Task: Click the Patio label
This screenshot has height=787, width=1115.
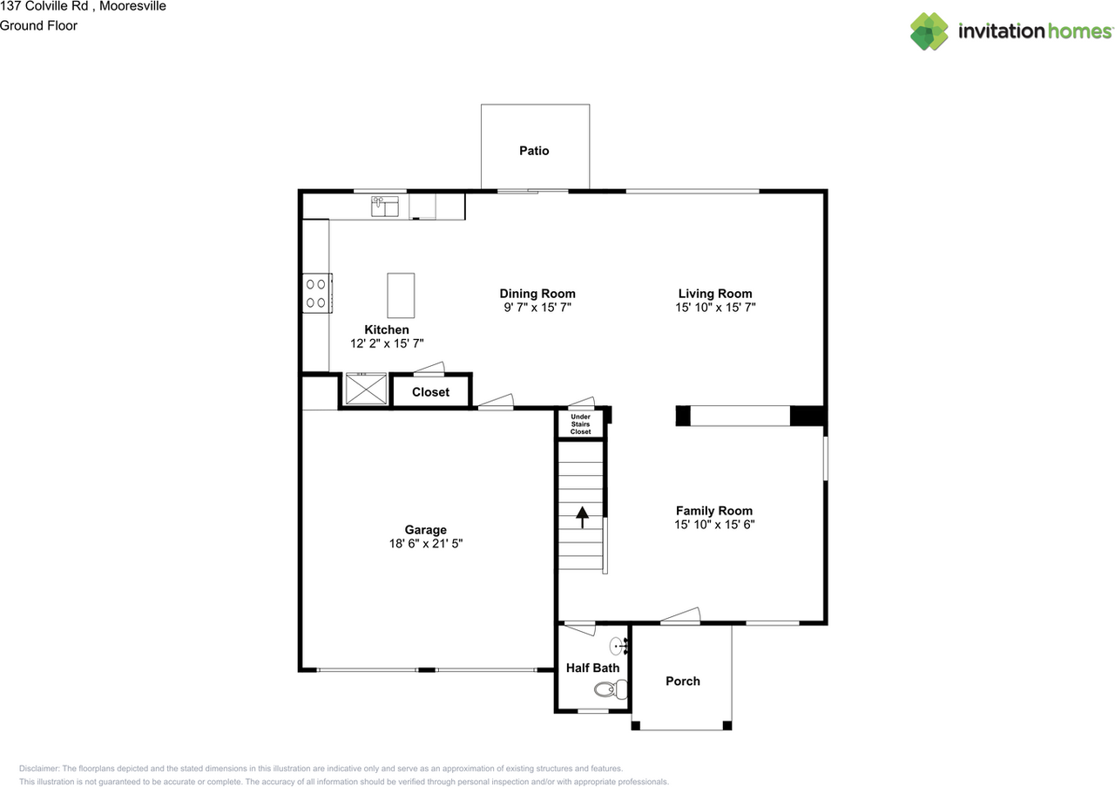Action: coord(534,151)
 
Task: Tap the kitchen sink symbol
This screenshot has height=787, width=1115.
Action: coord(384,206)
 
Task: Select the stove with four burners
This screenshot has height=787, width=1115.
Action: coord(315,293)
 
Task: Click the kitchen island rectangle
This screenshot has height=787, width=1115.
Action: coord(401,295)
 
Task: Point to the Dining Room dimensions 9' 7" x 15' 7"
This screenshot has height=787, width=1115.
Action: coord(537,308)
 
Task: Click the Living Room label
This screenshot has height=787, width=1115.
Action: coord(715,294)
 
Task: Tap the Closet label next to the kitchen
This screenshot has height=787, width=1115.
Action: coord(430,392)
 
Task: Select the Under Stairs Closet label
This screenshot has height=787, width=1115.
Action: coord(580,424)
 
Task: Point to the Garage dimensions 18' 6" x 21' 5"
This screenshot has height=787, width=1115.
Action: coord(425,543)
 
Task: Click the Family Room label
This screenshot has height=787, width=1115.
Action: coord(714,511)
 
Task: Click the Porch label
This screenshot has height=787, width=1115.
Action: coord(682,682)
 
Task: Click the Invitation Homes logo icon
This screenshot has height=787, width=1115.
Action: coord(929,31)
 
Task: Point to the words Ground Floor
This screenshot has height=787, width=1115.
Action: coord(38,25)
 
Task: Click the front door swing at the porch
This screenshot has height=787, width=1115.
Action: coord(680,615)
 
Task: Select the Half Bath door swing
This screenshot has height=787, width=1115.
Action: coord(578,625)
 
